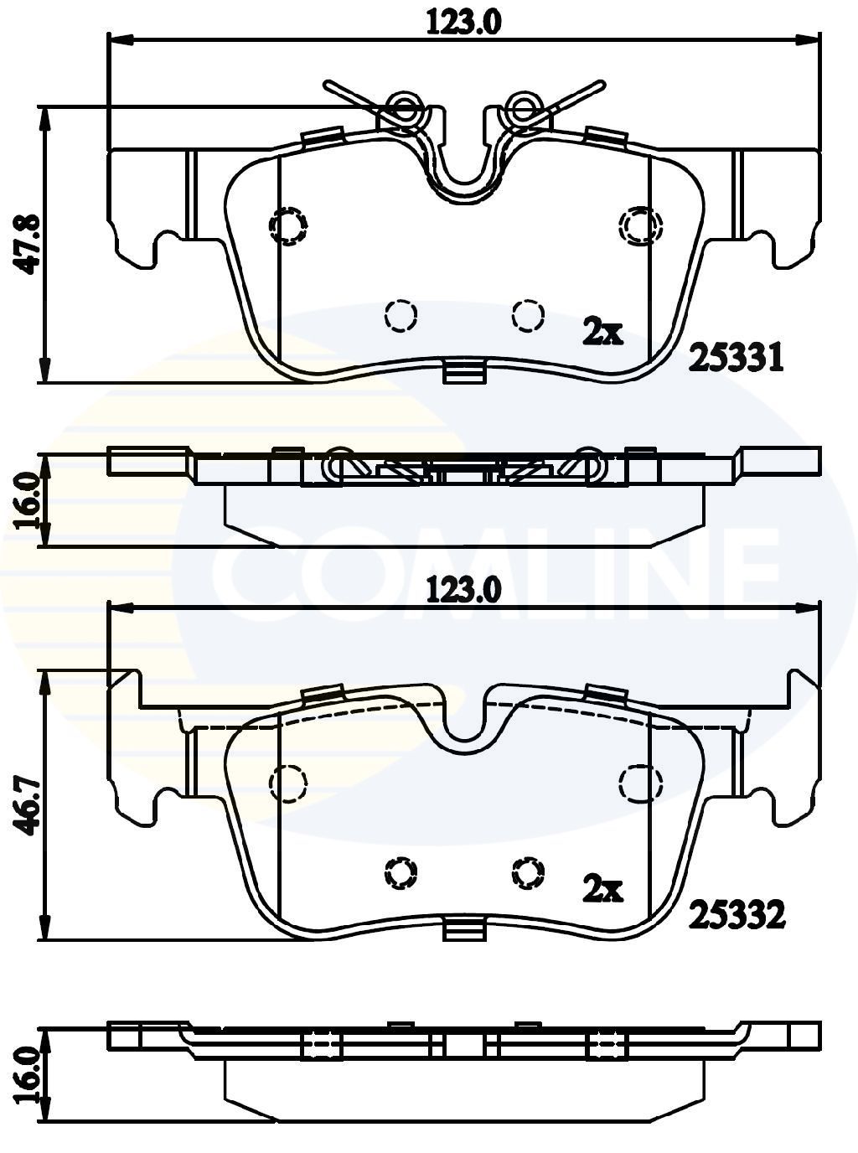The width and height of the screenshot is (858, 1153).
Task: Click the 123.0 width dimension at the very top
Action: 463,23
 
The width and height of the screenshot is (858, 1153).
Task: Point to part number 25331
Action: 736,358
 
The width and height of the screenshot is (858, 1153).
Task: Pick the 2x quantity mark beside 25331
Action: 602,331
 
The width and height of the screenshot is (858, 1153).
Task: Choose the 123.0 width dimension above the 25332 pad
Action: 463,591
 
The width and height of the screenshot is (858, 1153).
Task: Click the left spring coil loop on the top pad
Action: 404,108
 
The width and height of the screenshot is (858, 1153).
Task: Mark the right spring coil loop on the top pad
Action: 525,108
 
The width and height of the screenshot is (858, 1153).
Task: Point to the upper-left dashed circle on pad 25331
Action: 287,225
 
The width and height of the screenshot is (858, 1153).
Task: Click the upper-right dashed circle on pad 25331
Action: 641,225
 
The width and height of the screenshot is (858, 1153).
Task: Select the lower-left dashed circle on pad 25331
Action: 401,315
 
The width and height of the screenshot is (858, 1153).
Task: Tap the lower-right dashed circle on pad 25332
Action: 528,872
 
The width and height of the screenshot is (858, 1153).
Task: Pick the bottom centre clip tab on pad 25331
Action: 464,371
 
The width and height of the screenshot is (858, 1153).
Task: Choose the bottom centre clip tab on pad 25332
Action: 464,928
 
